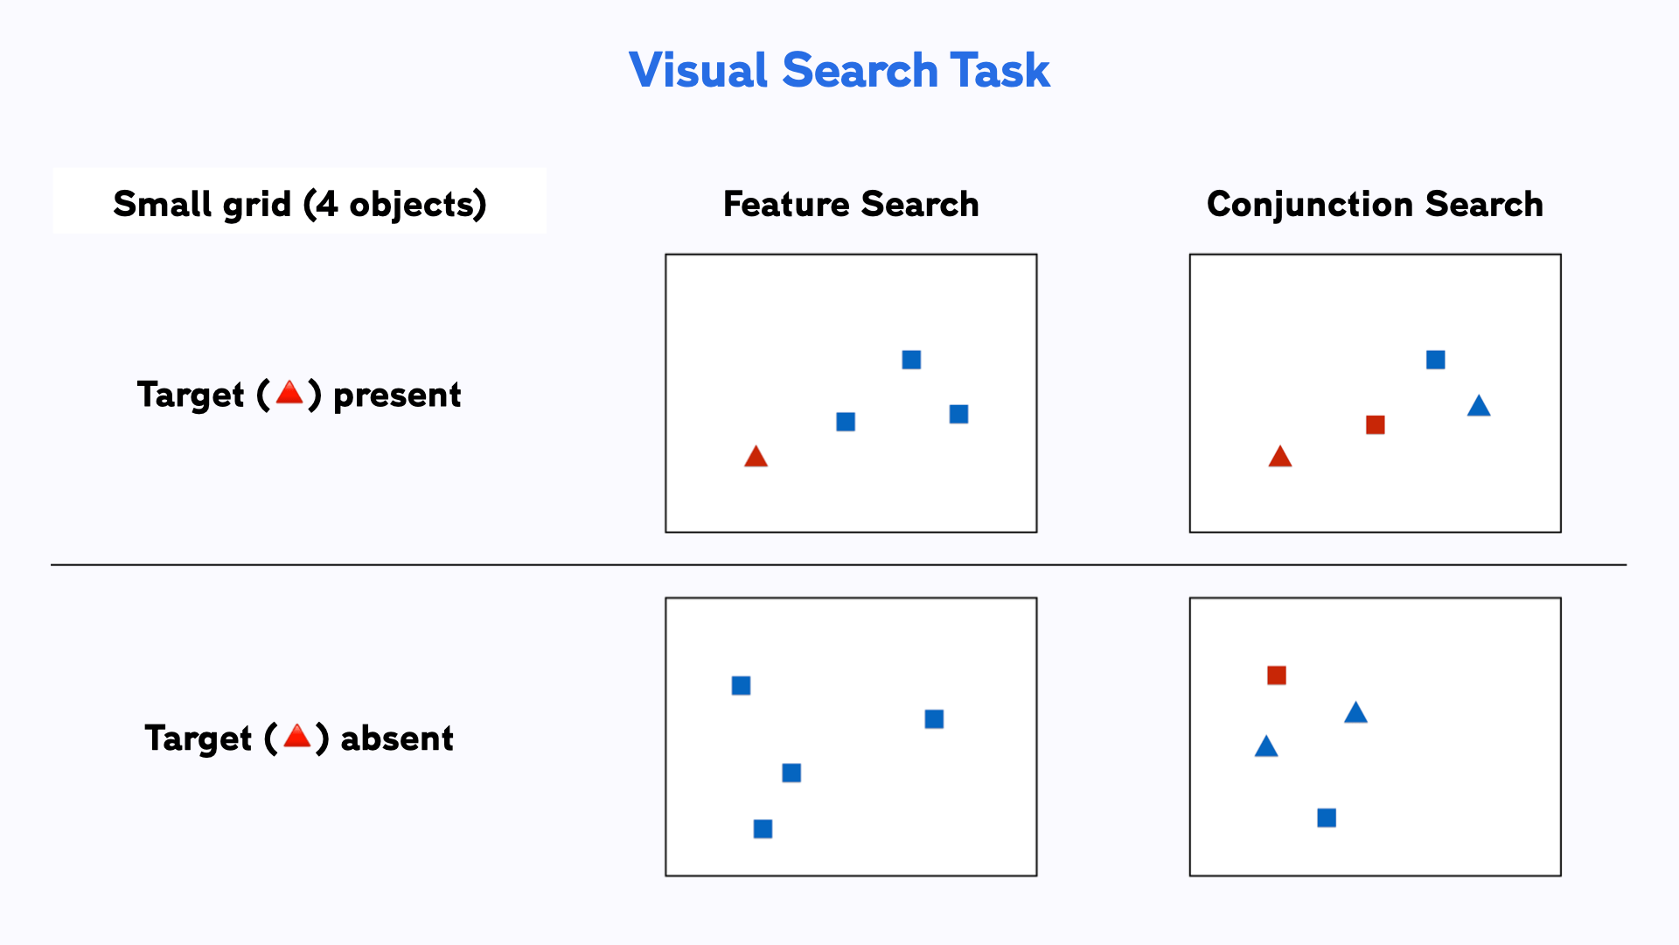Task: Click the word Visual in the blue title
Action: click(x=698, y=71)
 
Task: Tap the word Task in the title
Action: click(x=1000, y=71)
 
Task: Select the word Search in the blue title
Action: click(x=860, y=71)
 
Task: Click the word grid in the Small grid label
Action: click(x=256, y=206)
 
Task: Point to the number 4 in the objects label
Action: click(x=326, y=204)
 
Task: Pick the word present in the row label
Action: click(x=397, y=395)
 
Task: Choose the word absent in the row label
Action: click(x=397, y=738)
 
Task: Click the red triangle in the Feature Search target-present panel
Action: click(x=756, y=457)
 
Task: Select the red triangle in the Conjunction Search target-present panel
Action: click(x=1279, y=457)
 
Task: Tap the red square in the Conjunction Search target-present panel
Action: click(x=1375, y=425)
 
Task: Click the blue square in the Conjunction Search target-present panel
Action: click(x=1435, y=360)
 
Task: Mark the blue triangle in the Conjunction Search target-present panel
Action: click(x=1479, y=406)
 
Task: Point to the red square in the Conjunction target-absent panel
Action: click(x=1276, y=675)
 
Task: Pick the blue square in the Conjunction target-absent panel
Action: click(x=1327, y=818)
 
